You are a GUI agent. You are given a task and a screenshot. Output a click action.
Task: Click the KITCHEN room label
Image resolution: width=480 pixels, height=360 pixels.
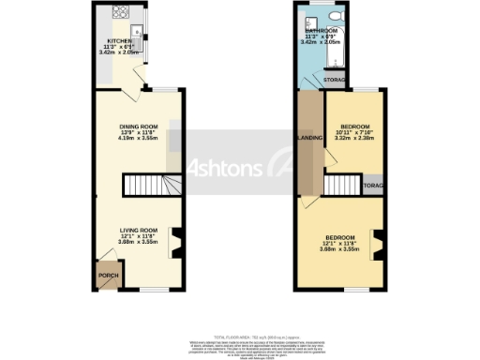click(x=120, y=41)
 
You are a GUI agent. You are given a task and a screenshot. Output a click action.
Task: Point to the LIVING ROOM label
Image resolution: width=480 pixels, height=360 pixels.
click(x=137, y=230)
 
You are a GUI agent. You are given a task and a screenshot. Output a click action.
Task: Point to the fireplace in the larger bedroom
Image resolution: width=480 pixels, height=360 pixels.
click(x=378, y=245)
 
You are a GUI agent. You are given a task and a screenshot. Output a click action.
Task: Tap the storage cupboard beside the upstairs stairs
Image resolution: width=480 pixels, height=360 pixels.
click(x=374, y=186)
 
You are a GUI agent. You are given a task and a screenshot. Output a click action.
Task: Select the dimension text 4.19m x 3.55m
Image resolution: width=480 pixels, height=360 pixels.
click(x=138, y=139)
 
